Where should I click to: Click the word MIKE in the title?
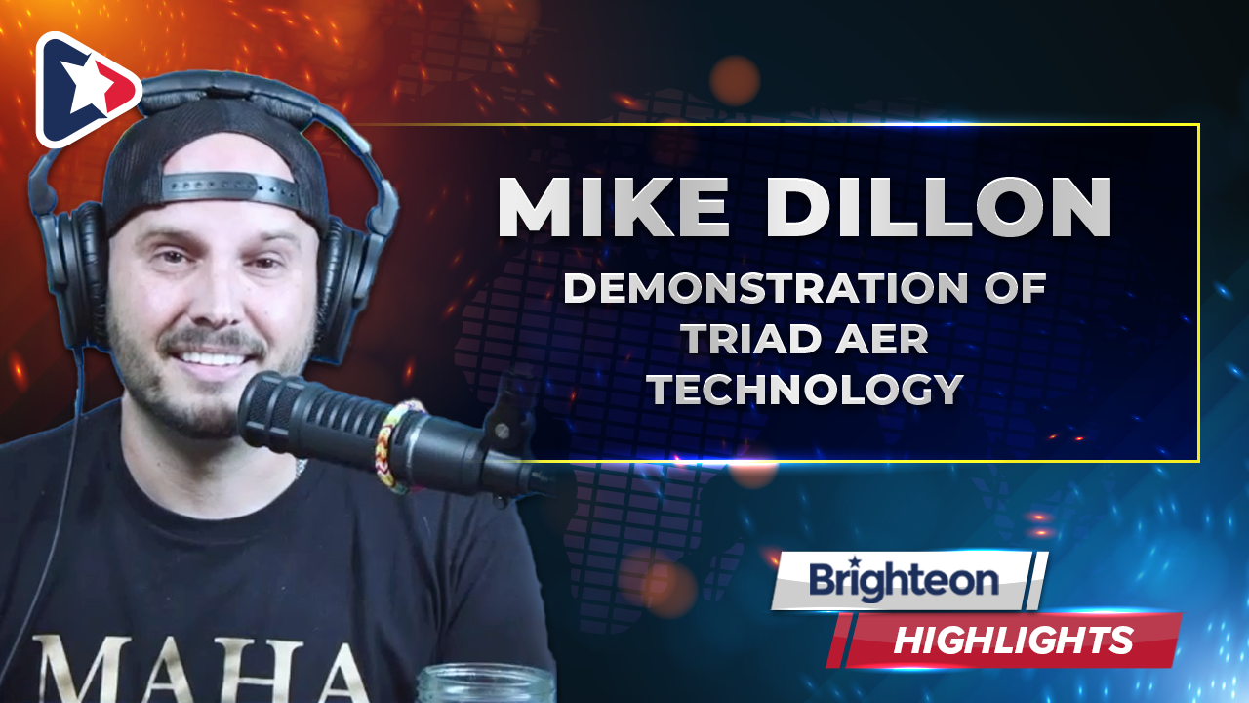click(x=614, y=207)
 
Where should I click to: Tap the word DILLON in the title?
click(x=940, y=207)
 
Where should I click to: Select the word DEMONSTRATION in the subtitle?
click(x=766, y=288)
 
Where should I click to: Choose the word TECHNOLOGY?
click(x=806, y=389)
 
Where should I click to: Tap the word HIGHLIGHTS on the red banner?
click(x=1014, y=640)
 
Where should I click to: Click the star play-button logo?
click(x=87, y=89)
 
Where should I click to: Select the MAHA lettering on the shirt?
click(x=202, y=669)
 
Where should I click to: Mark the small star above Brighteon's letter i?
click(x=853, y=561)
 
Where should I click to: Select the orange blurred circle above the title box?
click(x=735, y=81)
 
